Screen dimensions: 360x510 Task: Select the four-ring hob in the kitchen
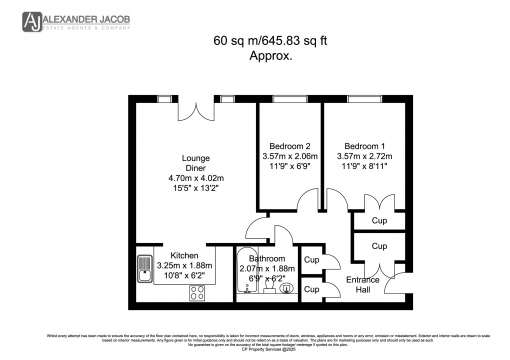[197, 293]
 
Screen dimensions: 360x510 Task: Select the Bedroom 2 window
[289, 99]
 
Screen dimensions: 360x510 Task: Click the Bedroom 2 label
[290, 146]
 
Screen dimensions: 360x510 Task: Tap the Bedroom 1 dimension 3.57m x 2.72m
[364, 156]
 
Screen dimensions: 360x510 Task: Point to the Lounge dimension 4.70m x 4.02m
[195, 178]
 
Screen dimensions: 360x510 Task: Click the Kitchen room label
[184, 255]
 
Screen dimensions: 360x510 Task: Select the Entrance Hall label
[362, 284]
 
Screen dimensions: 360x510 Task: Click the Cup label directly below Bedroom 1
[379, 221]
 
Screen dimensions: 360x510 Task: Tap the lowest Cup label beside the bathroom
[312, 289]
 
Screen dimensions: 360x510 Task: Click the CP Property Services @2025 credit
[254, 349]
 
